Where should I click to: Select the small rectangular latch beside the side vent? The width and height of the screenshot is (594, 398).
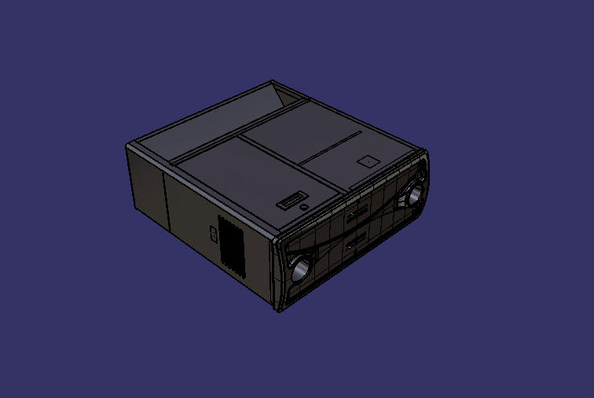(213, 234)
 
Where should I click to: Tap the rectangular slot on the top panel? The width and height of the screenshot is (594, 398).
(291, 201)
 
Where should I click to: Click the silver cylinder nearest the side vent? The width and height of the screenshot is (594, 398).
(299, 267)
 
